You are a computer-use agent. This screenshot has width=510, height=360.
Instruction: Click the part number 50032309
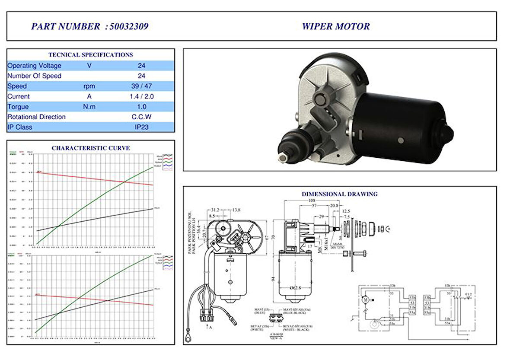129,26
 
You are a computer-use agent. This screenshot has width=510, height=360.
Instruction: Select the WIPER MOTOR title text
335,26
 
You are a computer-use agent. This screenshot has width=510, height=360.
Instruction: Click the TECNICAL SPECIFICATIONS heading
91,55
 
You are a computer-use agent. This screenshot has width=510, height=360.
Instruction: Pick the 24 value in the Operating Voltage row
141,66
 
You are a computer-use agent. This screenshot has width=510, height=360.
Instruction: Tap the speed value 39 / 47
141,86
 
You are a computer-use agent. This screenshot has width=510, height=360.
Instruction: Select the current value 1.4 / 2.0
141,96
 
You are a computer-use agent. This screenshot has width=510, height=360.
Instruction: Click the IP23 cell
141,127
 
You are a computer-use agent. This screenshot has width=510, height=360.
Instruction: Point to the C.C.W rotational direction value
141,117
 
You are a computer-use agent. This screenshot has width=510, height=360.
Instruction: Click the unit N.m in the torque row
89,107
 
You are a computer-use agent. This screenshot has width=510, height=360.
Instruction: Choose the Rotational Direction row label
37,117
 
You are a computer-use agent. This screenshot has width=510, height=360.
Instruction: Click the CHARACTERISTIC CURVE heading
91,148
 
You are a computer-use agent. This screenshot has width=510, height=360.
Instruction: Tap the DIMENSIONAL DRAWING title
339,194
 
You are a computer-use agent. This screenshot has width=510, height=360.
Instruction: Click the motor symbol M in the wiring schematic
364,299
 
